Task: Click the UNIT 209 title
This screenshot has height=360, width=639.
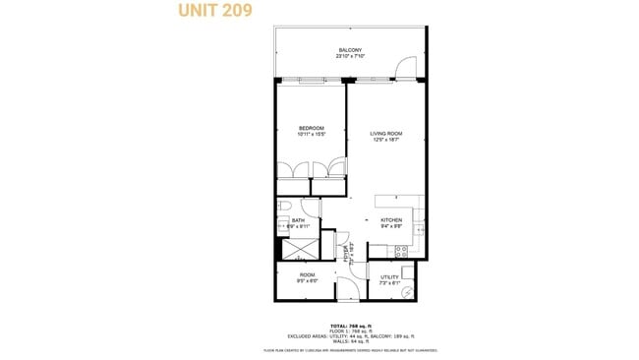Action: click(x=214, y=11)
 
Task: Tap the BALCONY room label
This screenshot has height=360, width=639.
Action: click(x=350, y=50)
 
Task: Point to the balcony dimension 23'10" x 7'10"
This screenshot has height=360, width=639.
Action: click(x=350, y=57)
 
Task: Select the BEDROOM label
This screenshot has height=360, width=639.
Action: click(x=311, y=128)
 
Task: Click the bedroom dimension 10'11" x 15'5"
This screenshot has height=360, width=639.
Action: click(x=311, y=135)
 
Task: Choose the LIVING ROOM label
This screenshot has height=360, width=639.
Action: click(x=385, y=133)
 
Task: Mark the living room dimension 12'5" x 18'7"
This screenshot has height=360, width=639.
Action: click(x=385, y=140)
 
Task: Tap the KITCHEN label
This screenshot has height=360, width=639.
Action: click(x=390, y=219)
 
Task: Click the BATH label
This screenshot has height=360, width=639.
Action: click(x=297, y=220)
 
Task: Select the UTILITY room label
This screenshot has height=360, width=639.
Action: click(x=389, y=276)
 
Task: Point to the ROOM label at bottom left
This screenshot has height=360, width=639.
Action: click(x=307, y=274)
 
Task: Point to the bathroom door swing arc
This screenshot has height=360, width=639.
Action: click(x=312, y=208)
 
